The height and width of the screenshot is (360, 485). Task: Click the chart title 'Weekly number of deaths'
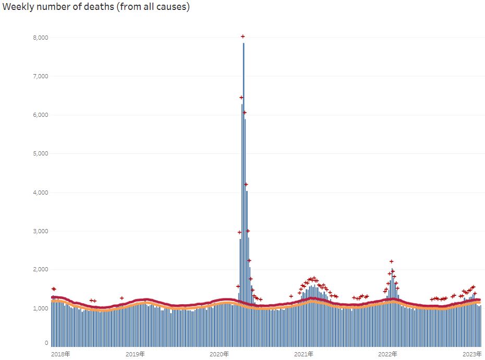click(95, 7)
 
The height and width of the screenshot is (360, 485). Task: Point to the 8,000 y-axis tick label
click(41, 38)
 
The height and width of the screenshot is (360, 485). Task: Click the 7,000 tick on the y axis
click(41, 76)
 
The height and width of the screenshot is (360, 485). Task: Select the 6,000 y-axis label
click(41, 115)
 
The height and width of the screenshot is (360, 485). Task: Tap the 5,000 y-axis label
click(41, 153)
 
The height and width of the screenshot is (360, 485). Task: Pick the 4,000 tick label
click(41, 193)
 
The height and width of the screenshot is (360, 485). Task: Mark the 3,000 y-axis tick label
click(41, 231)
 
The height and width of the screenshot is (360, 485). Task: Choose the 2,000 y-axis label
click(41, 270)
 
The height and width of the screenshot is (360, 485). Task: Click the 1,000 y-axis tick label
click(41, 308)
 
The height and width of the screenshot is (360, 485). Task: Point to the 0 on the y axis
click(46, 343)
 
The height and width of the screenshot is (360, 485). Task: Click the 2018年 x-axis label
click(60, 354)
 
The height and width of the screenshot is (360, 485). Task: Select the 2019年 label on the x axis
click(136, 354)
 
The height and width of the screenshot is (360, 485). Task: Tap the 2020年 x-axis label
click(220, 354)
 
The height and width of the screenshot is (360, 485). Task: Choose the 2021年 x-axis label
click(304, 354)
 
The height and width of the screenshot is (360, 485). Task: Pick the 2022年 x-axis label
click(388, 354)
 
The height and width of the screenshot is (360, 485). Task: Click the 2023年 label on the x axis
click(472, 354)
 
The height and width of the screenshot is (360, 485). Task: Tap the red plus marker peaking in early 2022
click(391, 261)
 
